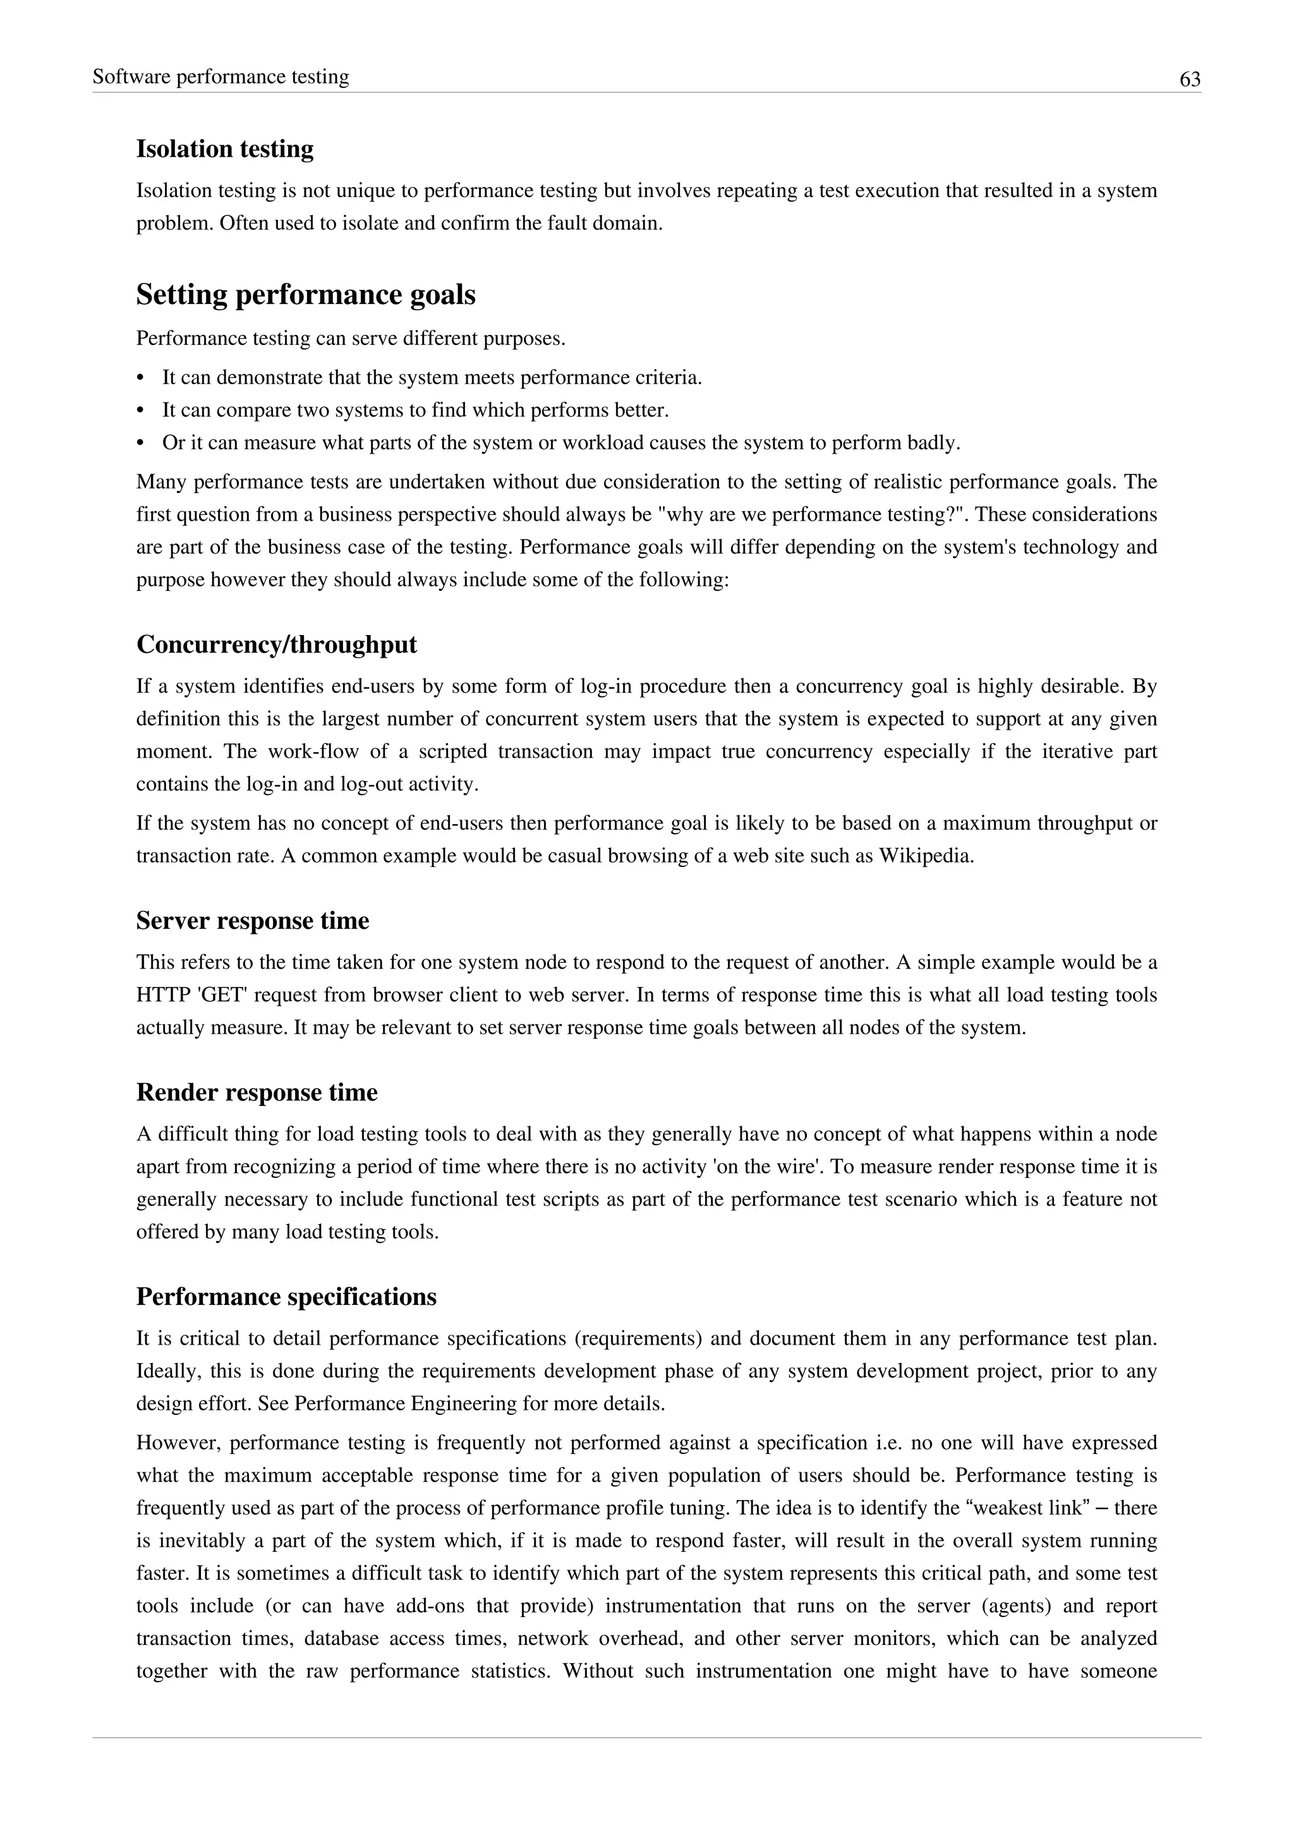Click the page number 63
point(1190,80)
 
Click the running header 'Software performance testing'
point(221,77)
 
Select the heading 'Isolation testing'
point(225,149)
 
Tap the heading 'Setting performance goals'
point(306,295)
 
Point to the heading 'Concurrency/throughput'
point(277,645)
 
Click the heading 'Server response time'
point(253,921)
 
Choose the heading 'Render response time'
point(257,1093)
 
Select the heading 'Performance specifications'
point(286,1297)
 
